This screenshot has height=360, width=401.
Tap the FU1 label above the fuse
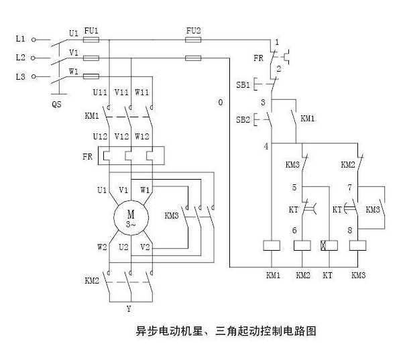click(91, 31)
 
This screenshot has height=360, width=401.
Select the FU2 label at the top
click(193, 31)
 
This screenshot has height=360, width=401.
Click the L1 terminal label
click(21, 39)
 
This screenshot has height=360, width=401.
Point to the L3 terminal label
click(21, 76)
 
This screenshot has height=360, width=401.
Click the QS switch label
click(56, 105)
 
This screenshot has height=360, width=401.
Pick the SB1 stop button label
click(243, 84)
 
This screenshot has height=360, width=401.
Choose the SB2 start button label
click(243, 119)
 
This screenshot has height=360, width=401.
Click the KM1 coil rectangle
click(272, 245)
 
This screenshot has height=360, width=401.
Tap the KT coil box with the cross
click(329, 245)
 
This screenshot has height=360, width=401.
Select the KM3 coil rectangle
click(357, 245)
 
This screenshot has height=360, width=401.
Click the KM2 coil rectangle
click(302, 245)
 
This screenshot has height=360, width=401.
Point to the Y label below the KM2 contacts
click(129, 309)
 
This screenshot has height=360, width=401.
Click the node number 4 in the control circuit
click(266, 147)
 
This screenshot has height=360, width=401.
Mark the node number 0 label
click(221, 103)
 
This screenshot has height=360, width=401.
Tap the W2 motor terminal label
click(102, 247)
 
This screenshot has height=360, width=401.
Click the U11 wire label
click(100, 92)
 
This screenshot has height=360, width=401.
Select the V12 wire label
click(121, 136)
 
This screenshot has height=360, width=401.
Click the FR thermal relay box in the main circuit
click(131, 156)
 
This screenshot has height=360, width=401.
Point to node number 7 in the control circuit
click(350, 188)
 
